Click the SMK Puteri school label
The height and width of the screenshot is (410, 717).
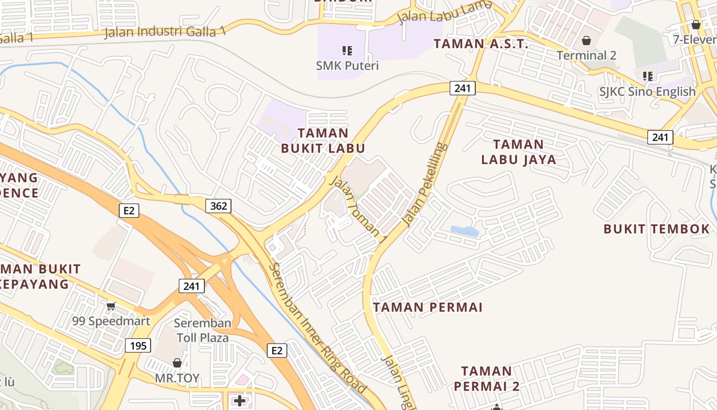347,66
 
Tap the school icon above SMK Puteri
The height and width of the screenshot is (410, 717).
347,50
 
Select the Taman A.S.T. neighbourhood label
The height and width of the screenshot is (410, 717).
480,44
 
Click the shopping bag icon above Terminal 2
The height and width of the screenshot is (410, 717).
586,40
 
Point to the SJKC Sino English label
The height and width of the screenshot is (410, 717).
647,92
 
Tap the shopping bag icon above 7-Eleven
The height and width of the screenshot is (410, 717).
695,24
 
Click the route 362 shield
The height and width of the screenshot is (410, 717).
219,206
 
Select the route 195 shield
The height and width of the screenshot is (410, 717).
138,345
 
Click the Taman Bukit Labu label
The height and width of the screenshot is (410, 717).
323,140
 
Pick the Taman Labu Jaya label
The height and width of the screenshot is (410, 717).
518,152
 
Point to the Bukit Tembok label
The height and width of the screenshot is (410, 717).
657,229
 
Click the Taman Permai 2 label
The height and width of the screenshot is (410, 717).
487,378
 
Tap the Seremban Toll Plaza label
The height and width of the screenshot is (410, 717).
203,331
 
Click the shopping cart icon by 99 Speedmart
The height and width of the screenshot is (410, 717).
111,306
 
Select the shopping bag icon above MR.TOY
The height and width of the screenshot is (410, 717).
177,363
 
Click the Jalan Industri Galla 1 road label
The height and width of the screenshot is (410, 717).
164,32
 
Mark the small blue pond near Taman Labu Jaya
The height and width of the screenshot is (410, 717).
465,231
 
